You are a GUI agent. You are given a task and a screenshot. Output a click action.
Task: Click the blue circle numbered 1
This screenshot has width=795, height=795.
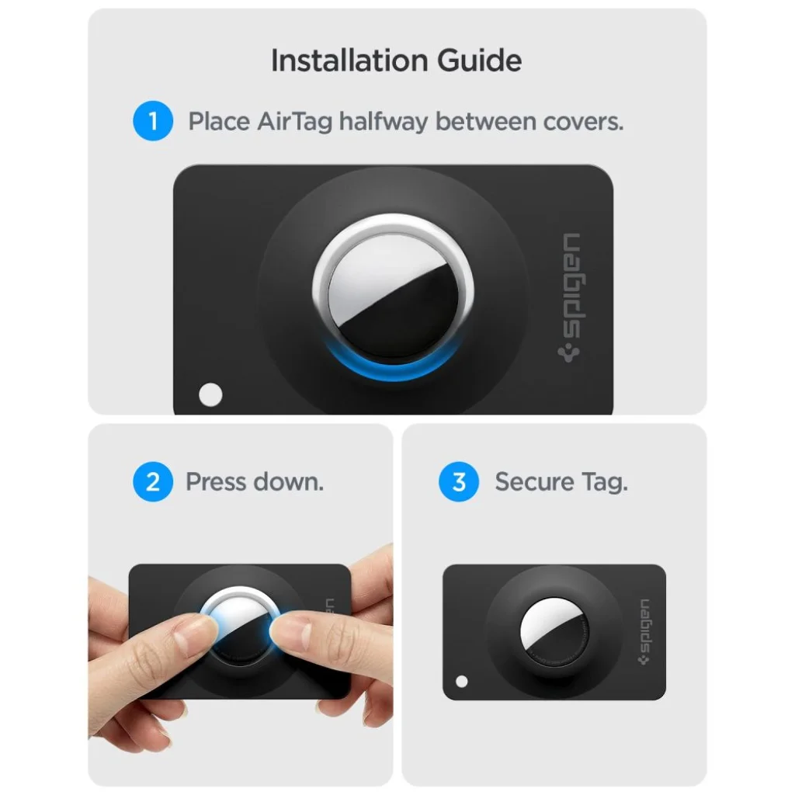click(x=153, y=121)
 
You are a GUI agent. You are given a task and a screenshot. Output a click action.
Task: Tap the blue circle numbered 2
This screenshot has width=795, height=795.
click(x=153, y=481)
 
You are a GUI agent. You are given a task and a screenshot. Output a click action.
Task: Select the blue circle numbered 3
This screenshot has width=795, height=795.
click(x=459, y=481)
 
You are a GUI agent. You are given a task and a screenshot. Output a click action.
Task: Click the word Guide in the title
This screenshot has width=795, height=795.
click(x=479, y=61)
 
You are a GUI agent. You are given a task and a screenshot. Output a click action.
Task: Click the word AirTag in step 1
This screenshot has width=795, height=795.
click(x=294, y=122)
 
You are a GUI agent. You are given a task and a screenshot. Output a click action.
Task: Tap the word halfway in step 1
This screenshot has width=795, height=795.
click(x=384, y=122)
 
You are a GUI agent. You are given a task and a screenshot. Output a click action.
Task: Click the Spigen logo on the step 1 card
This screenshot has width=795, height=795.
click(x=571, y=298)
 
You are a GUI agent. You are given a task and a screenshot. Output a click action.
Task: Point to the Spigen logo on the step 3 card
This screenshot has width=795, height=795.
click(x=644, y=632)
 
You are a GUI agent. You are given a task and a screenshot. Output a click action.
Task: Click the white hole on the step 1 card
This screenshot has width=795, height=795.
click(x=210, y=394)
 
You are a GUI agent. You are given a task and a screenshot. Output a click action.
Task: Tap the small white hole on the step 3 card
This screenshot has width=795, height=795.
click(x=461, y=682)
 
